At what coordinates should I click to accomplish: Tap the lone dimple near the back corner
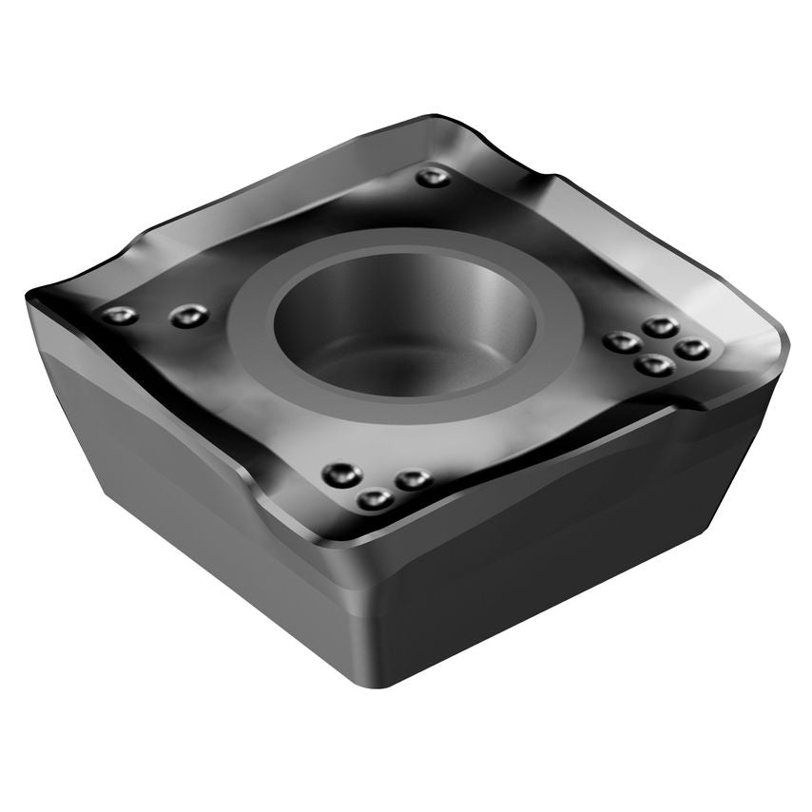(x=433, y=177)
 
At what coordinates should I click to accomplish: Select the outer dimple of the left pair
(x=120, y=315)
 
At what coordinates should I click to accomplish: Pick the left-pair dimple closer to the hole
(x=188, y=316)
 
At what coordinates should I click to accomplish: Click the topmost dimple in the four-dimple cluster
(x=660, y=327)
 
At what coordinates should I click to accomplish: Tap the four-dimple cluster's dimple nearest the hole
(x=623, y=342)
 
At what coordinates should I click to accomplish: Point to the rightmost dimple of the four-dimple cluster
(x=691, y=349)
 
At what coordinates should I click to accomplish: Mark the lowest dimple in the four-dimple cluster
(x=654, y=364)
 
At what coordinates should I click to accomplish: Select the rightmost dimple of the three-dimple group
(x=413, y=479)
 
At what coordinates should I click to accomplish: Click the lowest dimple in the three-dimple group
(x=375, y=498)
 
